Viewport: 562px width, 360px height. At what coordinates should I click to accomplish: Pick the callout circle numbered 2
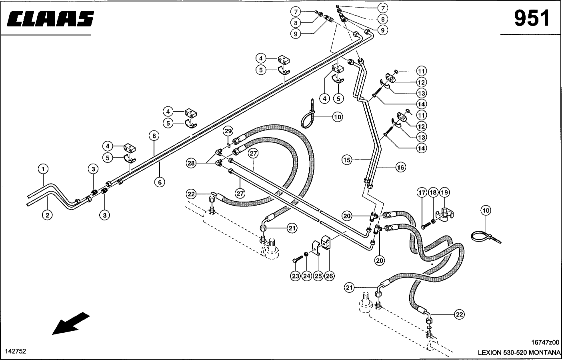click(x=47, y=215)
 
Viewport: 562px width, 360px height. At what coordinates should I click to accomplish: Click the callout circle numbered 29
click(x=228, y=131)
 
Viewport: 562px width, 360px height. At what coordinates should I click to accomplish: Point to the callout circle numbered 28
click(x=191, y=163)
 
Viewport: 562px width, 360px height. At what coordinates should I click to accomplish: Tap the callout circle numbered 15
click(x=347, y=160)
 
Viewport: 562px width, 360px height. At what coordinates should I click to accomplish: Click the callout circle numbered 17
click(x=422, y=193)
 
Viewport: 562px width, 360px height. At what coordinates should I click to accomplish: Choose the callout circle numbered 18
click(x=434, y=193)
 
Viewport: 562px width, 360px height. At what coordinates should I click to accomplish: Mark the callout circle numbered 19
click(x=445, y=193)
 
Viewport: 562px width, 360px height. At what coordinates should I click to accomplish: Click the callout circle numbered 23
click(x=295, y=276)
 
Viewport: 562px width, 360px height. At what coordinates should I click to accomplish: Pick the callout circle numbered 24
click(x=306, y=276)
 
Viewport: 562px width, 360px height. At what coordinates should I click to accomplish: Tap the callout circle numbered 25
click(x=318, y=276)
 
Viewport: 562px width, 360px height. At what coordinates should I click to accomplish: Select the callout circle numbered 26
click(x=329, y=276)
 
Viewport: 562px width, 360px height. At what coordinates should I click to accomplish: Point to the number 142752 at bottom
click(x=16, y=351)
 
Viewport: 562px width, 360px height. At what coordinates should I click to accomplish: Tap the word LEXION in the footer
click(x=489, y=353)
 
